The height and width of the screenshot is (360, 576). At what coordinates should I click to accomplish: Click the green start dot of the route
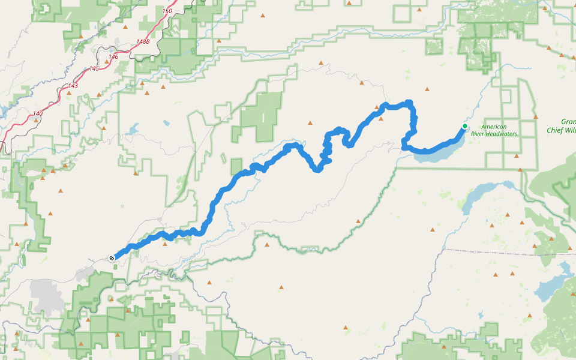coord(464,125)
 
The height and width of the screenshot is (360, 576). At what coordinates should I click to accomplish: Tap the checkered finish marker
coord(112,258)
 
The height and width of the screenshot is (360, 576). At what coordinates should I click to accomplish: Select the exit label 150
coord(167,11)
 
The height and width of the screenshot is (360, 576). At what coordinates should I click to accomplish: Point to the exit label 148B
coord(142,41)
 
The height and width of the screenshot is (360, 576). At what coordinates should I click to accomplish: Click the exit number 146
coord(113,56)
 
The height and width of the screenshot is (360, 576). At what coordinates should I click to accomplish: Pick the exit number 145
coord(94,68)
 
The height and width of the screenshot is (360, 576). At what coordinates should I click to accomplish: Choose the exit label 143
coord(73,86)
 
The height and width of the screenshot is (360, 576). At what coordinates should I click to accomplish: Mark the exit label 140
coord(38,113)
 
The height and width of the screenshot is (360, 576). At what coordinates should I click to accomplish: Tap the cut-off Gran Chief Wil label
coord(561,126)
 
